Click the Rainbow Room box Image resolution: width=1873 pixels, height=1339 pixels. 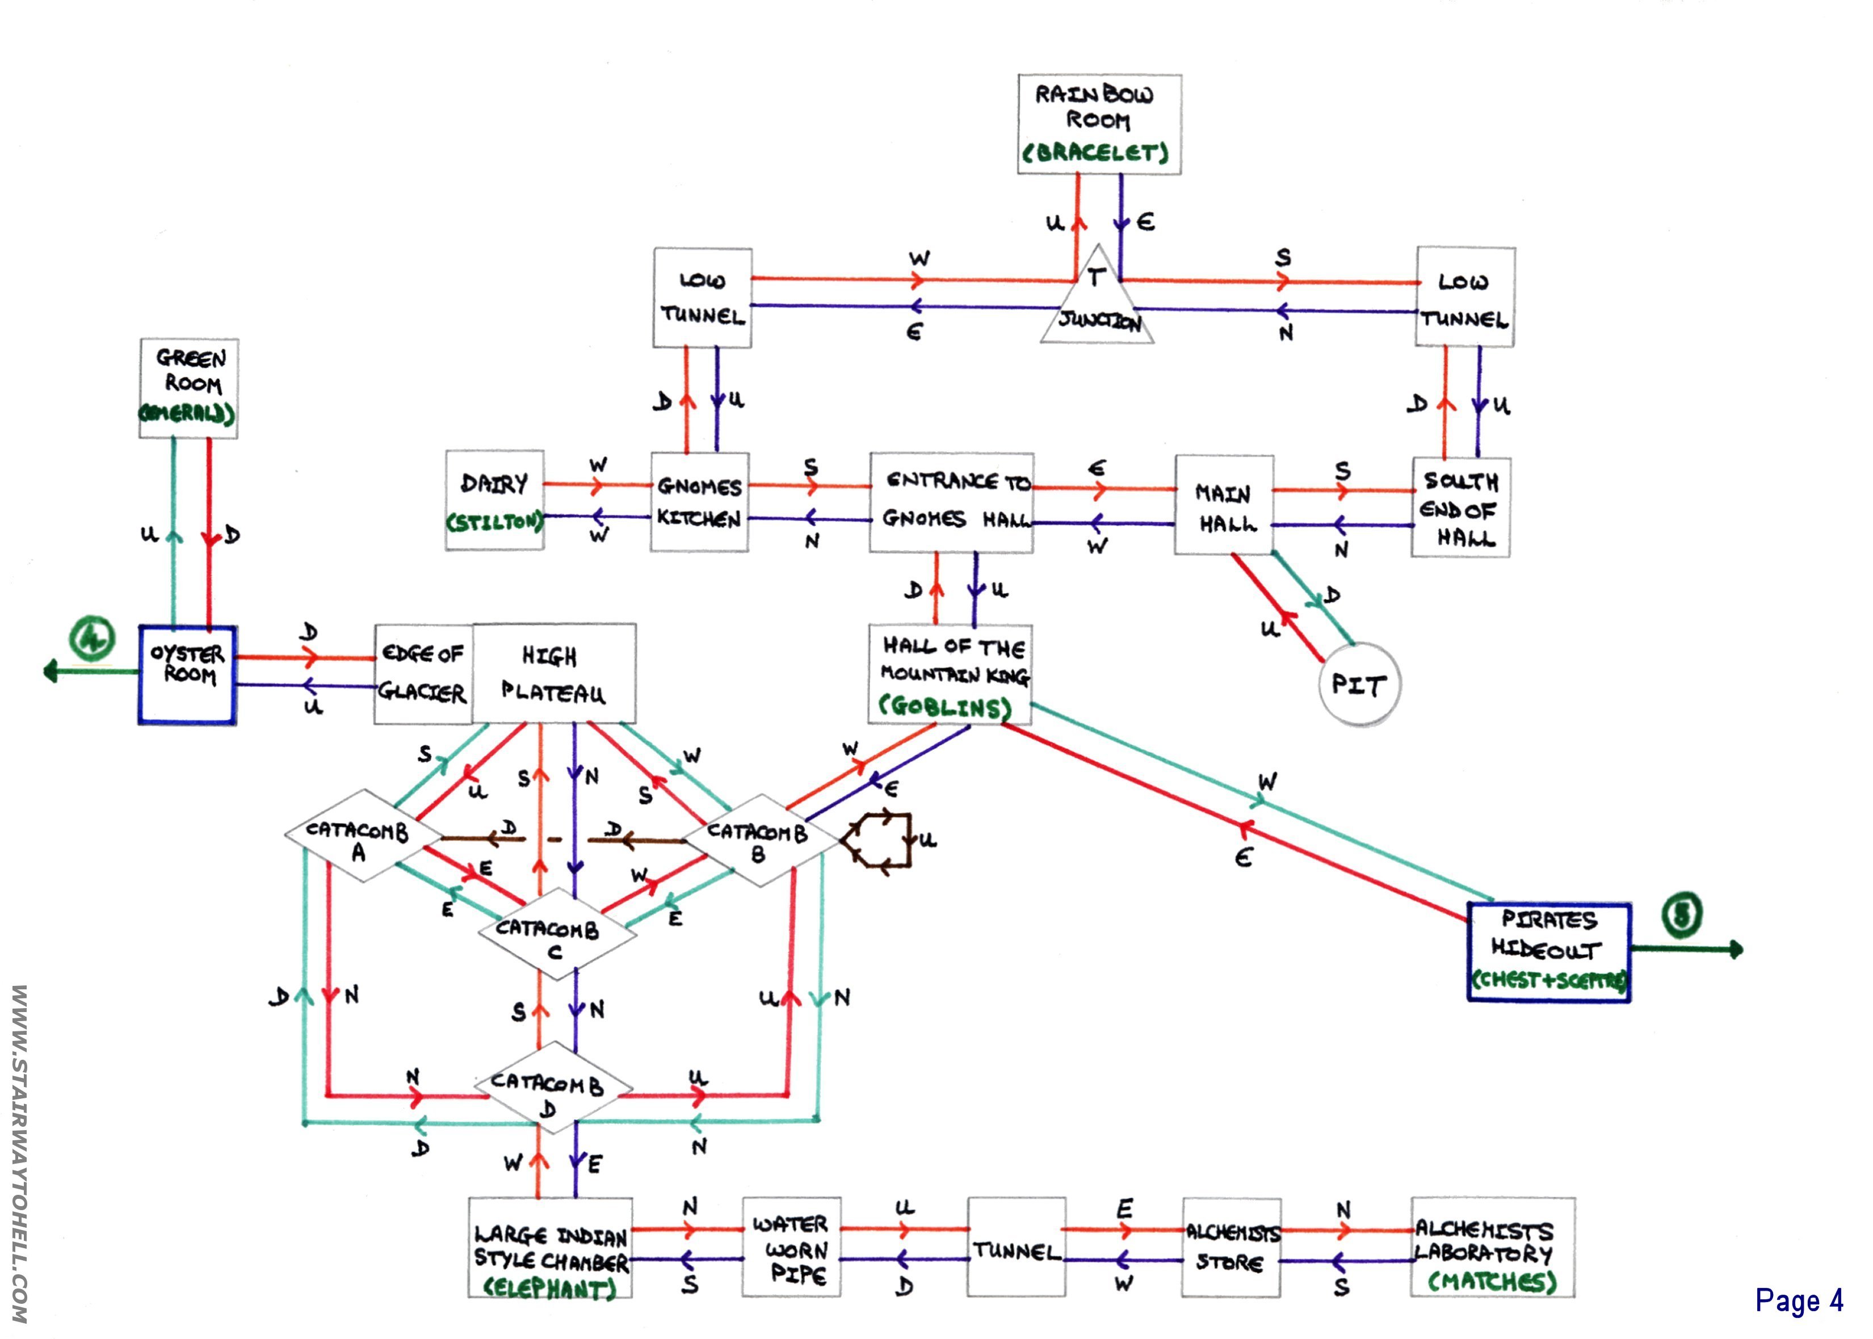coord(1099,124)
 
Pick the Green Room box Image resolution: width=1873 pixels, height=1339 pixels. coord(189,388)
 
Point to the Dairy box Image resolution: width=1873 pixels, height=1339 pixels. coord(494,499)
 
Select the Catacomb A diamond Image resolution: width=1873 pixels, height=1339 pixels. coord(358,836)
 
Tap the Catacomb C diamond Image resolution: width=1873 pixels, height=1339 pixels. coord(556,934)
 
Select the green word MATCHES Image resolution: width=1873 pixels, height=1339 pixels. coord(1492,1281)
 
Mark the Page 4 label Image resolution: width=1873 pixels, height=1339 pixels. coord(1799,1300)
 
